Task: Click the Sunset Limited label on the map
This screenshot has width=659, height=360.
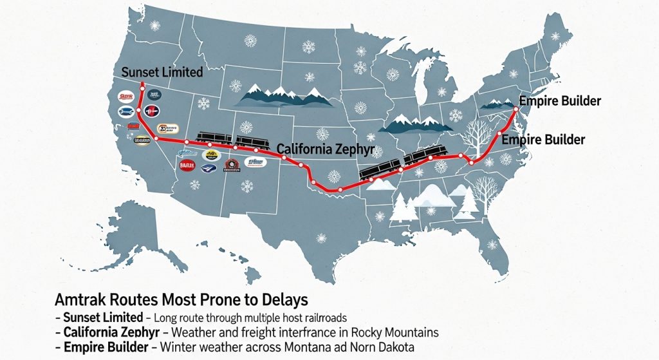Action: [x=162, y=72]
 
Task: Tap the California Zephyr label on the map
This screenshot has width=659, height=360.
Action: [x=326, y=149]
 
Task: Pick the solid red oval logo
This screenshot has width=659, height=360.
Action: [x=187, y=165]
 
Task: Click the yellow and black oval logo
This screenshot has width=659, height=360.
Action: [x=211, y=155]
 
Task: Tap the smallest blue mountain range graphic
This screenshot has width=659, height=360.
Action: [x=493, y=103]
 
